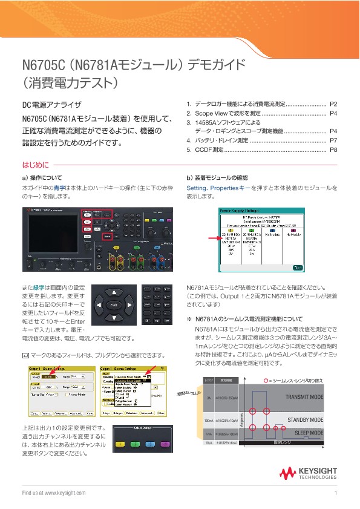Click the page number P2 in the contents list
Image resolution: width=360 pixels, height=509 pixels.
pos(333,104)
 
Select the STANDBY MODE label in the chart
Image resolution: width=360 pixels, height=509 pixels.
pos(306,420)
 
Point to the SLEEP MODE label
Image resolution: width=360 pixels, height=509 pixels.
pos(309,433)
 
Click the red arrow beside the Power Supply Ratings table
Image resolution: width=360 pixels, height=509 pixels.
pos(211,238)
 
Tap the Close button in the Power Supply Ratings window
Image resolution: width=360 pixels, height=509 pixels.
pos(296,266)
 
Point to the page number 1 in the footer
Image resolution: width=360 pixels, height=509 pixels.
pos(335,493)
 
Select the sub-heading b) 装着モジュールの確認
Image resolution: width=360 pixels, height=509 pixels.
pos(217,178)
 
